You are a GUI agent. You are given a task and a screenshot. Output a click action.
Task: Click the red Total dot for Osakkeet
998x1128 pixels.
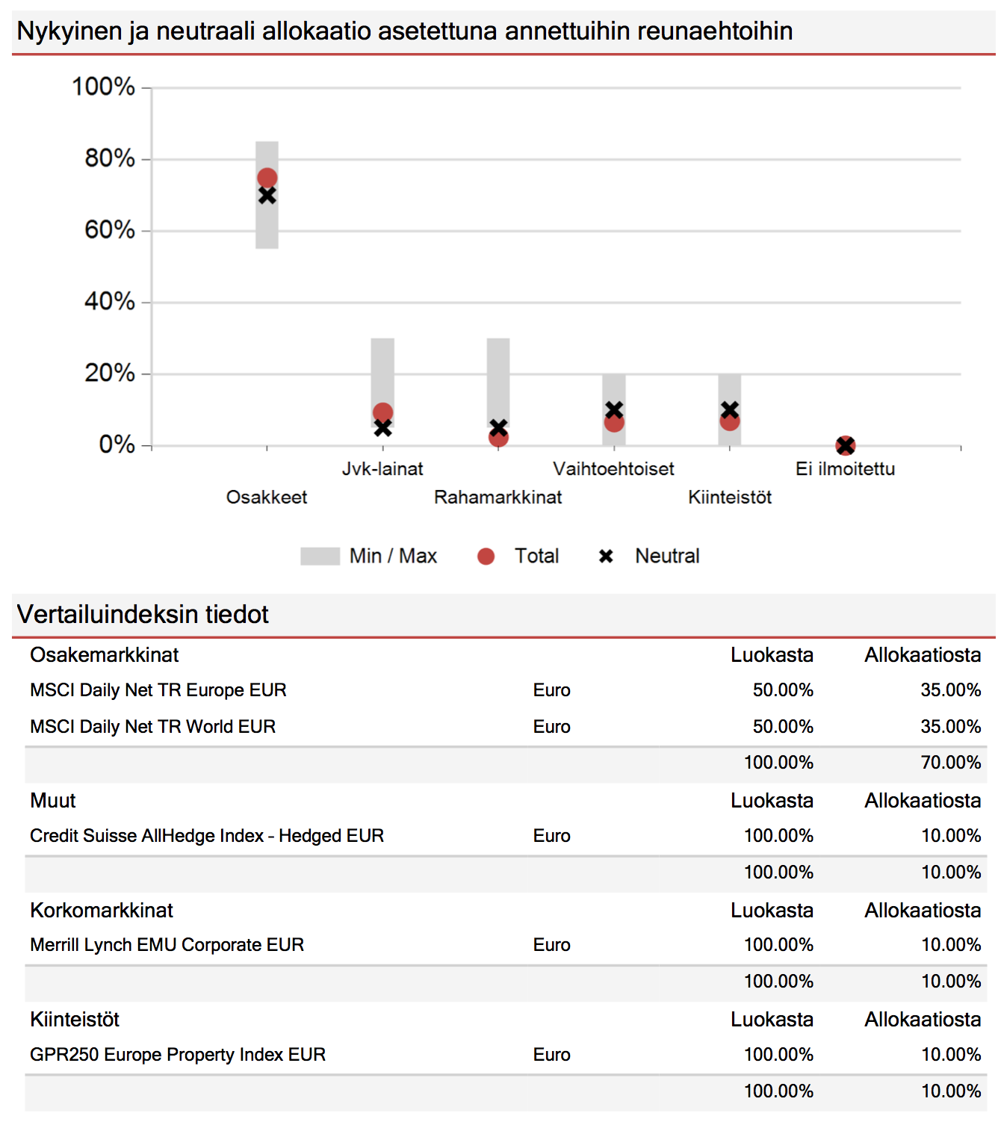click(x=267, y=178)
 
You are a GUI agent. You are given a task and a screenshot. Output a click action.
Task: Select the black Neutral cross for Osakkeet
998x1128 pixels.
click(x=267, y=196)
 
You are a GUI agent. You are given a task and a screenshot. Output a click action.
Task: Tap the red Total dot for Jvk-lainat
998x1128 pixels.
click(x=382, y=412)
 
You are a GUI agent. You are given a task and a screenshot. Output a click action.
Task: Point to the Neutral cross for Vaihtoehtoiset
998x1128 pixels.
click(x=614, y=410)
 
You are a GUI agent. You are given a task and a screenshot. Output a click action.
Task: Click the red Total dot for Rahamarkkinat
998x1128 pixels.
click(x=498, y=437)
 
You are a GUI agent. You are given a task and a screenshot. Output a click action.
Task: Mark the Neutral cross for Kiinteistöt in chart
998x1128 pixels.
click(x=730, y=410)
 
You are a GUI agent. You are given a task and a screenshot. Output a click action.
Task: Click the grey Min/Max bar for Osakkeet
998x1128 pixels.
click(x=267, y=195)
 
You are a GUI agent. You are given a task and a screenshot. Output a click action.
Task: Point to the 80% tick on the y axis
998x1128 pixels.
click(x=146, y=159)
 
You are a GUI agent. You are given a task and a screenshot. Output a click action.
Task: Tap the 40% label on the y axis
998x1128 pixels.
click(x=110, y=301)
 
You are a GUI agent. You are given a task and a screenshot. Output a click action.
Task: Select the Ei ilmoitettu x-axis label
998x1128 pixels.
click(x=845, y=469)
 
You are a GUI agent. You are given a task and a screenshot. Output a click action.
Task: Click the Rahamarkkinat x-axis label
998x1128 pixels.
click(x=498, y=497)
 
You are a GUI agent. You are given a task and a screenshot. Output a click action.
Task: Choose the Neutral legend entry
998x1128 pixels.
click(x=649, y=556)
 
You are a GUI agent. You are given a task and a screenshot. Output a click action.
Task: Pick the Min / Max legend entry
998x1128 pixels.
click(x=369, y=556)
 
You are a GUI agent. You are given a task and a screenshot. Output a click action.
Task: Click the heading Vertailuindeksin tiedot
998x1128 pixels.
click(x=143, y=614)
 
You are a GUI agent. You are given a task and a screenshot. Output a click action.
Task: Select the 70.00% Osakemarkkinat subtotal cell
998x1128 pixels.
click(x=951, y=762)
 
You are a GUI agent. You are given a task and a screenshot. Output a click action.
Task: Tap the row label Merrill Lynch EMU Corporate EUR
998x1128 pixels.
click(x=167, y=945)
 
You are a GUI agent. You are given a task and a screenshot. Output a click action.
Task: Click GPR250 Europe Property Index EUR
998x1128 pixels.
click(x=178, y=1055)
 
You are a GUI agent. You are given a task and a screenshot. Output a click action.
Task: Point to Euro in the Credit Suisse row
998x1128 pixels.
click(x=551, y=836)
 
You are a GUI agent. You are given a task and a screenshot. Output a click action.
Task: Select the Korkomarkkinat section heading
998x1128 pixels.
click(x=102, y=911)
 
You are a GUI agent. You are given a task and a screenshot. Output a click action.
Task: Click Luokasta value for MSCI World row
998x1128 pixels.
click(x=783, y=727)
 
